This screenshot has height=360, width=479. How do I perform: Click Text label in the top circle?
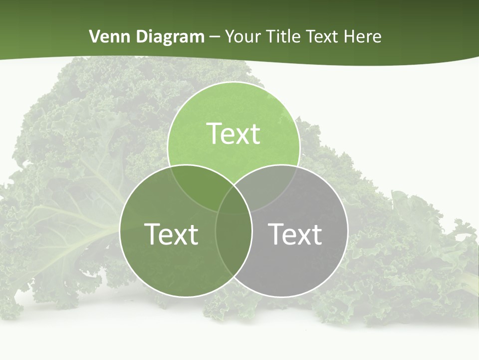tap(234, 133)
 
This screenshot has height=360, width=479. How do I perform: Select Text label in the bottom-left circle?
tap(171, 234)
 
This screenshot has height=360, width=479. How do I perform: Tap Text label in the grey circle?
tap(295, 234)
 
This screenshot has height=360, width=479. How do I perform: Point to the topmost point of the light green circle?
tap(234, 82)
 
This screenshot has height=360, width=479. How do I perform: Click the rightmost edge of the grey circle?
tap(347, 231)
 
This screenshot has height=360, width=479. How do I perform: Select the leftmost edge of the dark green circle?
tap(120, 231)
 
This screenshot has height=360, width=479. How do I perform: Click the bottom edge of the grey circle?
tap(281, 297)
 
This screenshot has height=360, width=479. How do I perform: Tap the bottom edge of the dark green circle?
tap(186, 297)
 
